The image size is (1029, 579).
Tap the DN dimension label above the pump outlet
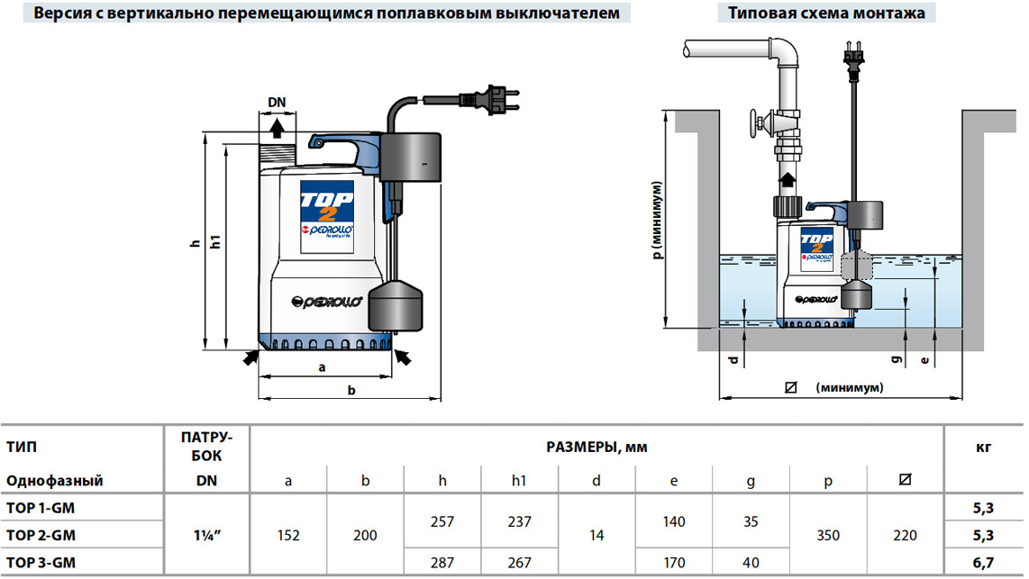[x=277, y=102]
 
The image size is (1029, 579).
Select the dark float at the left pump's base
[x=396, y=304]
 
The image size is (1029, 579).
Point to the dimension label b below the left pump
[x=351, y=390]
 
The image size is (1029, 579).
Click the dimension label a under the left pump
[x=322, y=367]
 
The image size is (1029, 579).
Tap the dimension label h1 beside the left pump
[x=215, y=243]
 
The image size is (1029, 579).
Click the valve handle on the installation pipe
[x=753, y=123]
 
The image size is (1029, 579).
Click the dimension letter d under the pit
[x=733, y=360]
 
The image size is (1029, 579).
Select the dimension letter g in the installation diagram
[x=897, y=359]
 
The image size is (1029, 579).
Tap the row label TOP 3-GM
[x=41, y=563]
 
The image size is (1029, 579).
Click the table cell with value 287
[x=442, y=563]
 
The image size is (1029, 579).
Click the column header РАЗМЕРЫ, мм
[x=596, y=446]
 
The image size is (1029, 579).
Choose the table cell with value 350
[x=828, y=536]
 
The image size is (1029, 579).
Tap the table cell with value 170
[x=673, y=563]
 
